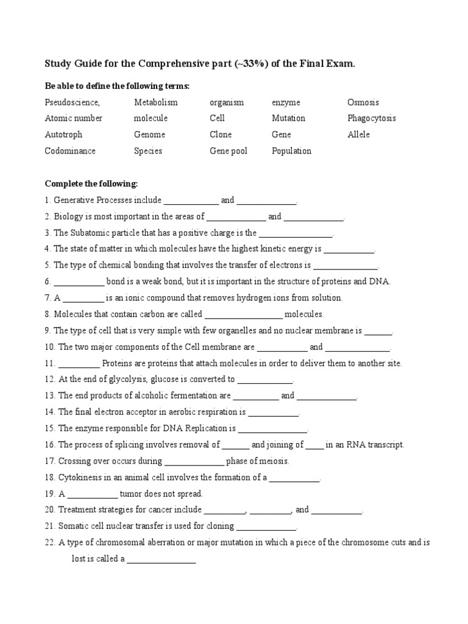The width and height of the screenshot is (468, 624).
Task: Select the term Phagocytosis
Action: point(371,118)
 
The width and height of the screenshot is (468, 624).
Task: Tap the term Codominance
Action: point(69,151)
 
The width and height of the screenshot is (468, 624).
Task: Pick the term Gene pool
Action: point(229,151)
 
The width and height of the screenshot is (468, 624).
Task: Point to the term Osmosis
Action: point(363,102)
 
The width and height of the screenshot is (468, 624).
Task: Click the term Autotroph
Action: point(63,135)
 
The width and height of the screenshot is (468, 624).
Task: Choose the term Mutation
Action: point(288,118)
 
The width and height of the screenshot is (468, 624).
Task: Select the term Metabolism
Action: point(155,102)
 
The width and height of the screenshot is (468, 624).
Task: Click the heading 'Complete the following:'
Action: point(91,183)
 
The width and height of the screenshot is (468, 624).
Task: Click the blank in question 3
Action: point(296,233)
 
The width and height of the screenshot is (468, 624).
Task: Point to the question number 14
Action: point(49,413)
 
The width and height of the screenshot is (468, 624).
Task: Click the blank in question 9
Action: point(378,331)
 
